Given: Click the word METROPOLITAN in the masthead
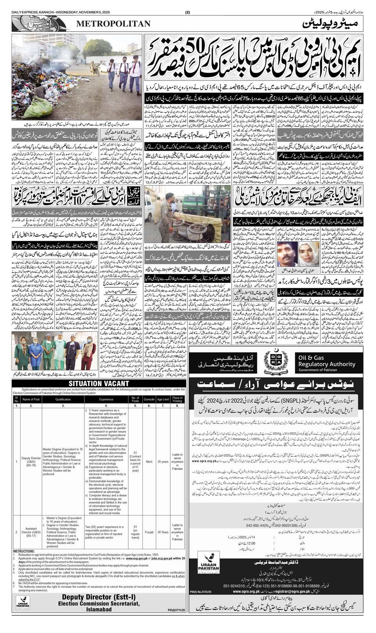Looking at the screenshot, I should click(113, 24).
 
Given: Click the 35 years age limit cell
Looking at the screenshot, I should click(163, 461).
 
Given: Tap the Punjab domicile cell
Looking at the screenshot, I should click(149, 532).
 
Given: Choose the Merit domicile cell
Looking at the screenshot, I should click(149, 461).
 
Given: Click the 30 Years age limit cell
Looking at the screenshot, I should click(163, 532).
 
